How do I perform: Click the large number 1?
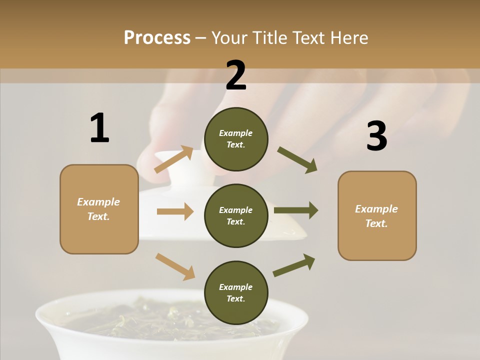[99, 128]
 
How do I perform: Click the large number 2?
[236, 75]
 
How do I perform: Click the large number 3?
[376, 136]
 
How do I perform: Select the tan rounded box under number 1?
[99, 209]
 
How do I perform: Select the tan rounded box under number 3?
[377, 216]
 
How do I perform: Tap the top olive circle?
[236, 139]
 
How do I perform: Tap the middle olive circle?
[236, 215]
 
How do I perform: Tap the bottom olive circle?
[236, 292]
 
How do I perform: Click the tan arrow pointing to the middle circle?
[175, 211]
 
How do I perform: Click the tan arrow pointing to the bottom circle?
[175, 266]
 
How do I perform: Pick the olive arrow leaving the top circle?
[297, 160]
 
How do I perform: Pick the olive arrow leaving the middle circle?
[296, 210]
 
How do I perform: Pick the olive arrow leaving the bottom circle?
[294, 265]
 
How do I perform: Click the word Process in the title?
[157, 37]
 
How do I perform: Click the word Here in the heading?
[349, 37]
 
